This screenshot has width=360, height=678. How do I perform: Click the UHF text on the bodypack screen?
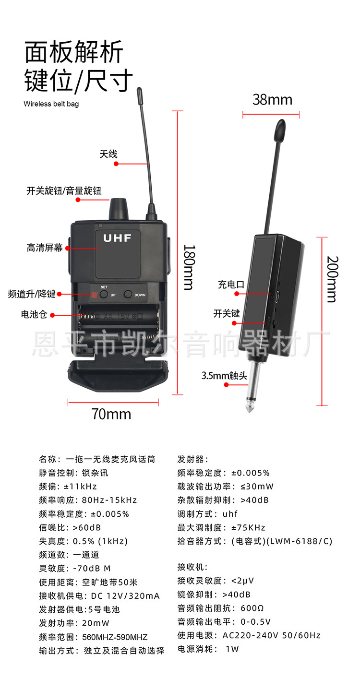tap(117, 238)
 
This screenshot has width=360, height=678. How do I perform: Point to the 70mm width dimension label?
tap(111, 414)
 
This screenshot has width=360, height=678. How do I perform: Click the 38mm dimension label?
tap(272, 99)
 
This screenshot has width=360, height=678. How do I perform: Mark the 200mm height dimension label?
tap(332, 279)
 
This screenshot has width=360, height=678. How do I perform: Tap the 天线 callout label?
tap(108, 155)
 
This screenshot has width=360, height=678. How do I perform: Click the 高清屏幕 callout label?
tap(45, 248)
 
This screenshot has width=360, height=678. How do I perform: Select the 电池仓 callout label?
tap(34, 315)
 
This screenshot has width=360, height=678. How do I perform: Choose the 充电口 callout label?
tap(231, 285)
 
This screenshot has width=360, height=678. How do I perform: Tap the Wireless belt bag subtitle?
tap(51, 104)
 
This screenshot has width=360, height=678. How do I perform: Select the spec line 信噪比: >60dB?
tap(70, 527)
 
